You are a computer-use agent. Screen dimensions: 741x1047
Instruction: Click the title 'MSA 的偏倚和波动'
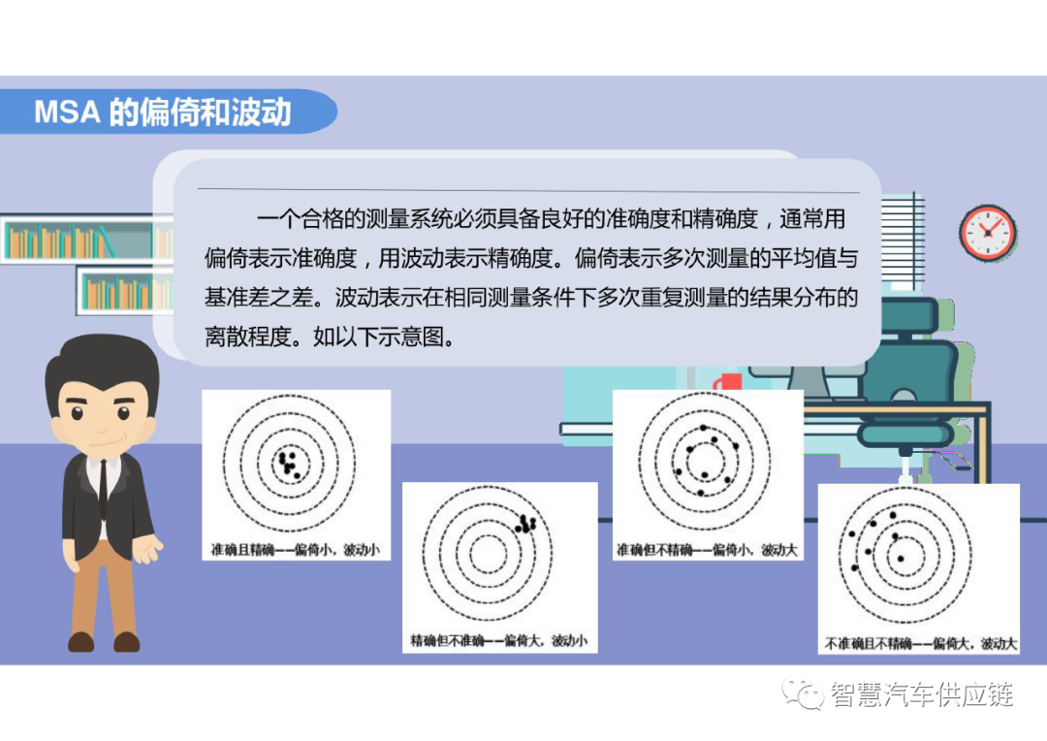[163, 112]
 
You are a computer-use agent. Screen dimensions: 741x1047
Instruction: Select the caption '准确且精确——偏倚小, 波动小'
[296, 550]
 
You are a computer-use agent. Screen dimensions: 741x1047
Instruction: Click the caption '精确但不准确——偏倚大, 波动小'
[498, 641]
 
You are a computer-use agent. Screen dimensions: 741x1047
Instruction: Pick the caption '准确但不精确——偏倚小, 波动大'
[708, 550]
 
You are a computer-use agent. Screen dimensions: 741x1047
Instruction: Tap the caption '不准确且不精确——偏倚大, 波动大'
[921, 643]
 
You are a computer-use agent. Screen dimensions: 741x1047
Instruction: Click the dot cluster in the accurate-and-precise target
[288, 463]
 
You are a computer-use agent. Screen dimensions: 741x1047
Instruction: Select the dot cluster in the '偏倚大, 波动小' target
[526, 524]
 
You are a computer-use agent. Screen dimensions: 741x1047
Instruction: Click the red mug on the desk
[729, 382]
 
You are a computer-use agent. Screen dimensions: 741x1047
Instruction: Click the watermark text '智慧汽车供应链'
[921, 694]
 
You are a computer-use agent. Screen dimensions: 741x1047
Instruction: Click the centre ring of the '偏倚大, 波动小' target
[489, 553]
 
